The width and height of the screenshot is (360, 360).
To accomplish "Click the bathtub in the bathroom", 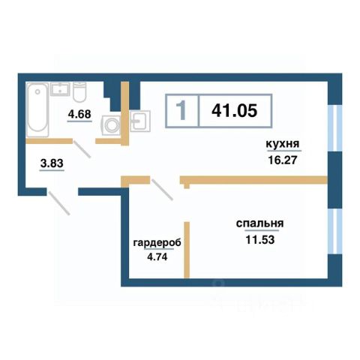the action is click(37, 110).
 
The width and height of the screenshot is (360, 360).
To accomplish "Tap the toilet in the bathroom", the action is click(79, 91).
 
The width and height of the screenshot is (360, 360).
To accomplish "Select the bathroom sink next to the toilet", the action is click(60, 89).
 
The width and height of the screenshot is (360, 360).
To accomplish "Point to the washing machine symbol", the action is click(111, 125).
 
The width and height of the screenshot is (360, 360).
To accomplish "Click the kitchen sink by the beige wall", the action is click(140, 121).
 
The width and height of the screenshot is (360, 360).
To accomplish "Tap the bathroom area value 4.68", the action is click(79, 114).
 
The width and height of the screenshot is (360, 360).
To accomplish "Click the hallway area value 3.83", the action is click(52, 163).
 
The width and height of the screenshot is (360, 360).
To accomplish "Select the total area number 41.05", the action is click(234, 110).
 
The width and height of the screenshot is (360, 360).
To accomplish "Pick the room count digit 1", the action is click(181, 110).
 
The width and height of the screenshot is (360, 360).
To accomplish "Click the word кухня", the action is click(283, 144).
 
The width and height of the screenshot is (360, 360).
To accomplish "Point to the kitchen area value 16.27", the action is click(283, 160).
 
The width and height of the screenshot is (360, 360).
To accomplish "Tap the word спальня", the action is click(260, 223).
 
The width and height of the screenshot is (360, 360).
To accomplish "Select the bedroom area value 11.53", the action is click(260, 239).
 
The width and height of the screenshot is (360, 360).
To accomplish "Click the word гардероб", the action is click(157, 242).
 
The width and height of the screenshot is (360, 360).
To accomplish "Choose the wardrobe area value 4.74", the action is click(157, 256).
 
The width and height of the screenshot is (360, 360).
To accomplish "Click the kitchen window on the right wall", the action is click(334, 128).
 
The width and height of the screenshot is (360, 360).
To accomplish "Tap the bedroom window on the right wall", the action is click(334, 232).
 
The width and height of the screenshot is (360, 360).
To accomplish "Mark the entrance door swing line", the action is click(58, 203).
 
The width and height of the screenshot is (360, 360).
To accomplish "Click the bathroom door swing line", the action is click(82, 149).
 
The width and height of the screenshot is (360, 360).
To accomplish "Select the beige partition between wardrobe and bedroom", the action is click(187, 250).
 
